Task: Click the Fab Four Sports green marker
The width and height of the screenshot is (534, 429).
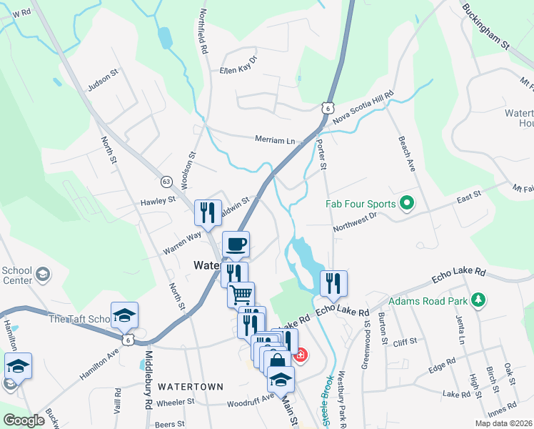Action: click(x=407, y=204)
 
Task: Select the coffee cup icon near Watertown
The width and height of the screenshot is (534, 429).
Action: click(x=236, y=245)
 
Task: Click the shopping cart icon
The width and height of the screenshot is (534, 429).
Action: click(x=241, y=294)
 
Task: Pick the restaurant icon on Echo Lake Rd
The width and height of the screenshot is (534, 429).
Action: click(x=333, y=284)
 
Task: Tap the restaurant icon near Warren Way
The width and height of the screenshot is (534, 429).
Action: click(x=208, y=212)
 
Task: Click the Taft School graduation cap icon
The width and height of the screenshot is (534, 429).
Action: click(x=124, y=315)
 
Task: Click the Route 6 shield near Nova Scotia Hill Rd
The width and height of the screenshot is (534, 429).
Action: click(x=327, y=107)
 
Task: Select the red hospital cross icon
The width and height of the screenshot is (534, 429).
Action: click(x=301, y=354)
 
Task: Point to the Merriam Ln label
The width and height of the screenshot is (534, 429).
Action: click(x=275, y=140)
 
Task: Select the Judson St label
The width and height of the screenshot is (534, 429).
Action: click(x=101, y=86)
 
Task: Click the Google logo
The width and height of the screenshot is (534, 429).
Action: click(x=24, y=420)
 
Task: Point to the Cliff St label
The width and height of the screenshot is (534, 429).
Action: click(x=404, y=342)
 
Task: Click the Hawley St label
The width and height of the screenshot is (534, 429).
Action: click(x=158, y=202)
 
